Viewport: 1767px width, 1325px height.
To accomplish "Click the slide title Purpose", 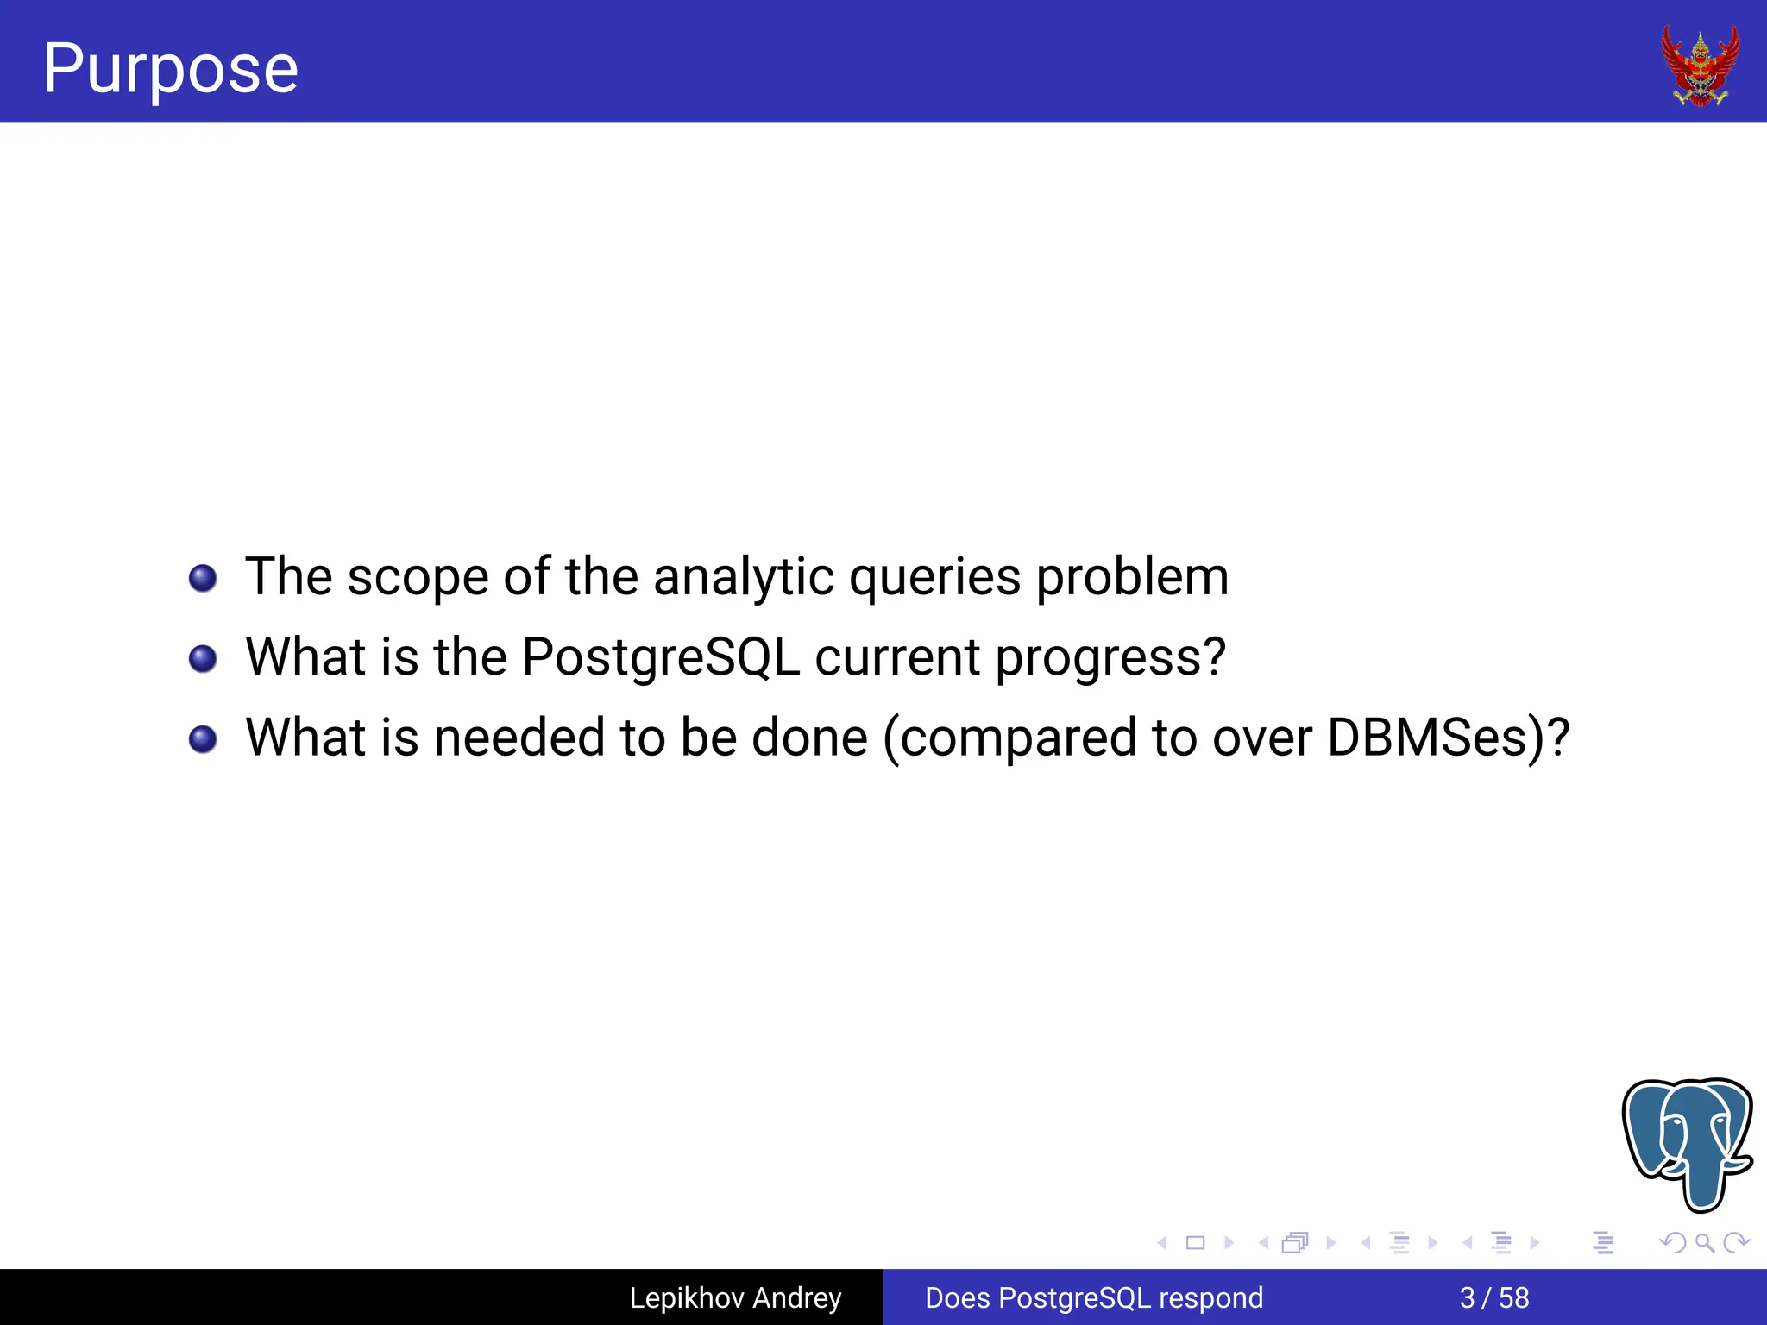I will (x=171, y=69).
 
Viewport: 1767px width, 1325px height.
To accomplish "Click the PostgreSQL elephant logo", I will (x=1687, y=1143).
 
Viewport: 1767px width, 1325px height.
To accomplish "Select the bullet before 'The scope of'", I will (x=203, y=578).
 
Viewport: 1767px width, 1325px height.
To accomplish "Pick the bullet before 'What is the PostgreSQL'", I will (x=203, y=659).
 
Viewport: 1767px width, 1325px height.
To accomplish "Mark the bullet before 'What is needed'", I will (x=203, y=739).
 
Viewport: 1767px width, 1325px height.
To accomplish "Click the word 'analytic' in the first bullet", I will (x=744, y=576).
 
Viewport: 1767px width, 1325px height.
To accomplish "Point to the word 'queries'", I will (x=934, y=576).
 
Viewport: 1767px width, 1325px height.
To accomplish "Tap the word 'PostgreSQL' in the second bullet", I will (x=661, y=657).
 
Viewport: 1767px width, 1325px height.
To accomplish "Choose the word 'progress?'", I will (x=1110, y=657).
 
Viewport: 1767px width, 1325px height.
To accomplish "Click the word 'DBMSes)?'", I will (x=1448, y=738).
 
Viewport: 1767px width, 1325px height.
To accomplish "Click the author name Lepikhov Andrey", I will (x=735, y=1297).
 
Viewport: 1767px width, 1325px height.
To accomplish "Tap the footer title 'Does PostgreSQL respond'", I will (x=1094, y=1297).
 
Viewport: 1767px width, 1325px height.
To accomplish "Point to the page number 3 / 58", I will (x=1494, y=1297).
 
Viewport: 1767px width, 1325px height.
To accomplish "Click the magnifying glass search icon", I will (x=1704, y=1242).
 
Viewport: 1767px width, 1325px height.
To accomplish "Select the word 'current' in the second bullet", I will (x=897, y=657).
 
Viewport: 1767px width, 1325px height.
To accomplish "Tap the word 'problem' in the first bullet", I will (x=1132, y=576).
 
